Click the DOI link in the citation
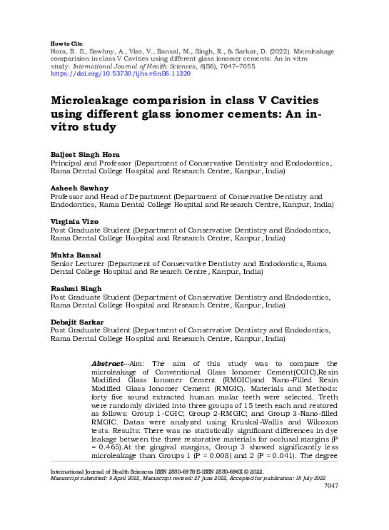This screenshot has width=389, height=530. (x=121, y=73)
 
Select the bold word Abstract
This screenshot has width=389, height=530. (x=110, y=364)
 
